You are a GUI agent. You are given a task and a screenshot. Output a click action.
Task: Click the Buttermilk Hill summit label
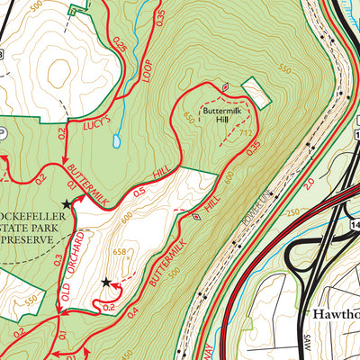(221, 115)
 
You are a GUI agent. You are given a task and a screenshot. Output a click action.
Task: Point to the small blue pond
(117, 141)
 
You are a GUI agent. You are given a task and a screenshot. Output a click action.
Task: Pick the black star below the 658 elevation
(107, 283)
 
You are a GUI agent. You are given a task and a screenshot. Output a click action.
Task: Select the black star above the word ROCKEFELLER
(66, 204)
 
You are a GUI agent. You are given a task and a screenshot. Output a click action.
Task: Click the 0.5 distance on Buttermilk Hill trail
(139, 191)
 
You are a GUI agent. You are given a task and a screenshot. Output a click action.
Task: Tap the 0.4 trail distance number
(133, 311)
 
